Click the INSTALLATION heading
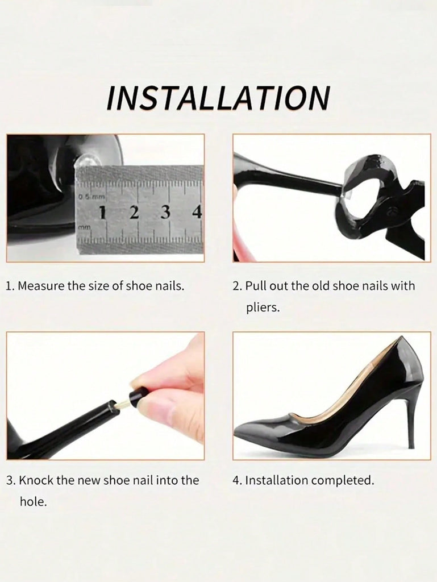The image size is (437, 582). pos(218,98)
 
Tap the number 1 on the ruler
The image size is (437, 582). pos(103,213)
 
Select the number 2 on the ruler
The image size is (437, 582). pos(134,213)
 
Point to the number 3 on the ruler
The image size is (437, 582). pos(166,213)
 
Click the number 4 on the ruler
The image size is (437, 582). pos(197,213)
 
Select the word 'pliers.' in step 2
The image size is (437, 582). pos(263,307)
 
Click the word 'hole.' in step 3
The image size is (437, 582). pos(34,502)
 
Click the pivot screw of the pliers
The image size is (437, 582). pos(390,212)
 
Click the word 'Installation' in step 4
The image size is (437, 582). pos(277,480)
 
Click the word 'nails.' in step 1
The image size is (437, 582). pos(169,286)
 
